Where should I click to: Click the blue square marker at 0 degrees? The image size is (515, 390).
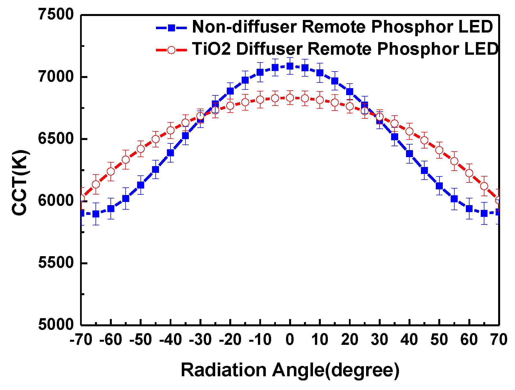coord(290,66)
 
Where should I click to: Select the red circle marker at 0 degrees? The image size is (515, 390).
coord(290,98)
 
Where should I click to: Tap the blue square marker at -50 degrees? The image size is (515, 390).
coord(140,185)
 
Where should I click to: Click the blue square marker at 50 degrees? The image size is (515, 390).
coord(439,186)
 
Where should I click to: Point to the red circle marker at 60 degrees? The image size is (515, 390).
coord(469,173)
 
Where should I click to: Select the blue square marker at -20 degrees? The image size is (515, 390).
coord(230,91)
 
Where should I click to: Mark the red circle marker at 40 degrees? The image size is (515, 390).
coord(409,131)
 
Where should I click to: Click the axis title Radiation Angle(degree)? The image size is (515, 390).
coord(290,370)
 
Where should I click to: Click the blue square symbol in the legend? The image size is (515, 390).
coord(171,27)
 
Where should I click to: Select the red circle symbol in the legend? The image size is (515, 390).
coord(171,50)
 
